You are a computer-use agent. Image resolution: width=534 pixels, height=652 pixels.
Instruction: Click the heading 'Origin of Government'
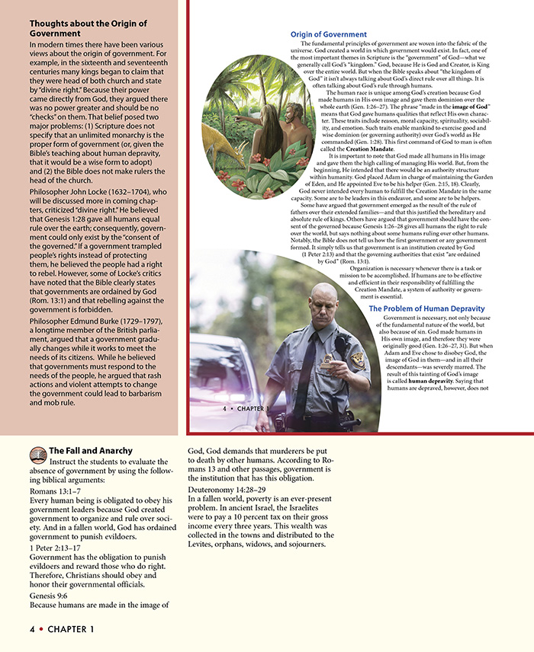(329, 34)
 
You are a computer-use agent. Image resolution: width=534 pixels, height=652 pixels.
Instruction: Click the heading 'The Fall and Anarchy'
(91, 450)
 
